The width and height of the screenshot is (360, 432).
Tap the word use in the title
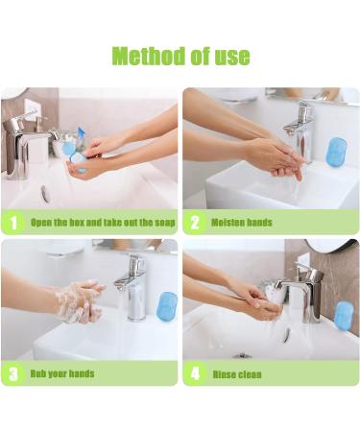[x=232, y=57]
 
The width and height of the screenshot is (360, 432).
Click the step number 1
[x=13, y=223]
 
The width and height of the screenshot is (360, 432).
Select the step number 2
[x=195, y=223]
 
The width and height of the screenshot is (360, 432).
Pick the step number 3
[x=13, y=373]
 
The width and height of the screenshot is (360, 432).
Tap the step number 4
[x=195, y=373]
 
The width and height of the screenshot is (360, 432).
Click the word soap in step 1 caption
[x=165, y=223]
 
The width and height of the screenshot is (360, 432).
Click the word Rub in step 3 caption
[x=38, y=373]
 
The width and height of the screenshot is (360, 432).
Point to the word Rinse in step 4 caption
[x=224, y=374]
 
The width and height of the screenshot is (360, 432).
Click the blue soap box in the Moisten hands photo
[x=336, y=153]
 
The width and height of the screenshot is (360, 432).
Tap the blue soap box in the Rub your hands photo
[x=167, y=306]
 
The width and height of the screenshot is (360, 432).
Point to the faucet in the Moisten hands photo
[x=300, y=132]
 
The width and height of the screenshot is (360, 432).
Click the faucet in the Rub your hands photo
[x=132, y=286]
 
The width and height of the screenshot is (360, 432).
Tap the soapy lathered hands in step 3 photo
[x=80, y=300]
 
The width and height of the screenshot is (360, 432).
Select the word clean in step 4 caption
[x=250, y=374]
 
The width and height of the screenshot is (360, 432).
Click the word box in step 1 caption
[x=77, y=223]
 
